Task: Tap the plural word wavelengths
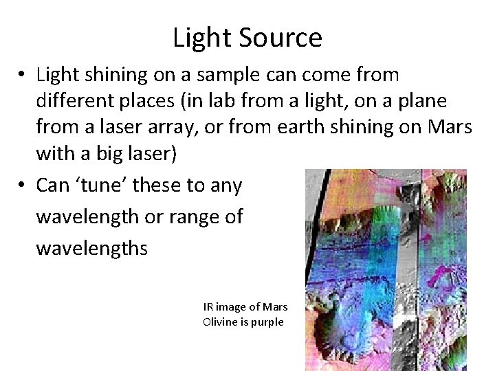pyautogui.click(x=91, y=247)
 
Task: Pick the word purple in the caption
pyautogui.click(x=267, y=321)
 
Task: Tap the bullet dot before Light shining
pyautogui.click(x=23, y=74)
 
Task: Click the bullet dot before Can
pyautogui.click(x=23, y=185)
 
